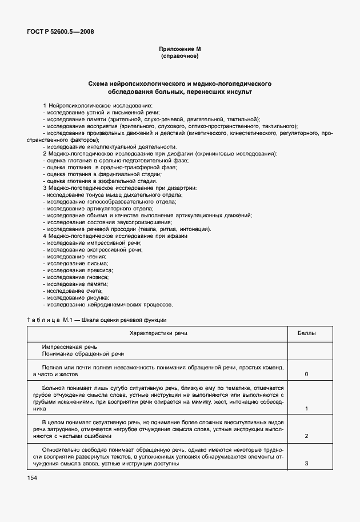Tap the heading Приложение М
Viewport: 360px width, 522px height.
tap(179, 50)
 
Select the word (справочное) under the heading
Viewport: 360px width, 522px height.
tap(179, 57)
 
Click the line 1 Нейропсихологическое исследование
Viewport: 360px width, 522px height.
tap(98, 106)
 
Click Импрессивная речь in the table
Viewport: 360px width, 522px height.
tap(70, 347)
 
